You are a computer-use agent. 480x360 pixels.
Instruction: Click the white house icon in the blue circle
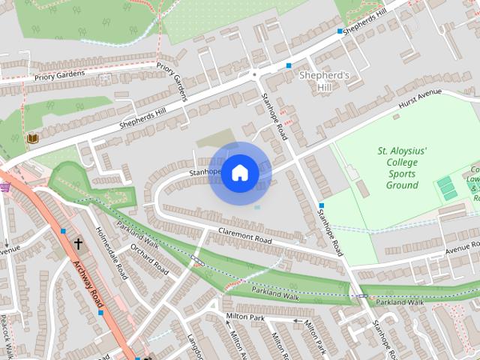pos(239,173)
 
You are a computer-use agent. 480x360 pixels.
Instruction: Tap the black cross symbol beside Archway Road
pos(79,244)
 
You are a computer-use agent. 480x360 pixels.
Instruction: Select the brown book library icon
pos(32,138)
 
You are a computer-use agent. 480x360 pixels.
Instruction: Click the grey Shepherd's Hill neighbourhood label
pos(324,81)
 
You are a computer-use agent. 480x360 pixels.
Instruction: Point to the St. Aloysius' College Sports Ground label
pos(402,168)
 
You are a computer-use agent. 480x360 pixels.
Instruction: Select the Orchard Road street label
pos(149,258)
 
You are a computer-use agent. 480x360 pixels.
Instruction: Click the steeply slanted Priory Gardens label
pos(172,82)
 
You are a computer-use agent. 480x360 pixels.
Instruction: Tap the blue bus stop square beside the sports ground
pos(321,205)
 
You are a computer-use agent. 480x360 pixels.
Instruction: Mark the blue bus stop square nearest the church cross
pos(63,231)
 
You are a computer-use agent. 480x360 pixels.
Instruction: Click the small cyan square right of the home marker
pos(257,207)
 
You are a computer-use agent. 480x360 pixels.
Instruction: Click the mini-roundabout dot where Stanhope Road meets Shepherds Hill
pos(255,74)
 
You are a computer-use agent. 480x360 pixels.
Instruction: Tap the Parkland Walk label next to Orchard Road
pos(137,238)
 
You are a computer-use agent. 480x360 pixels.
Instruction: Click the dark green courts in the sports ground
pos(448,187)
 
